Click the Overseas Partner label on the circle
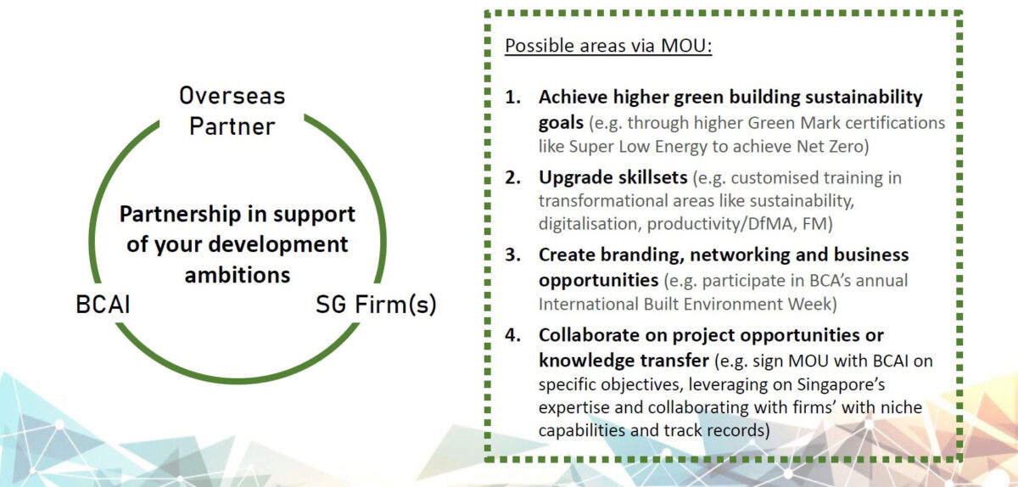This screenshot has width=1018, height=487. tap(232, 110)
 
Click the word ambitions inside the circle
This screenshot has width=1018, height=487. tap(238, 275)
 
